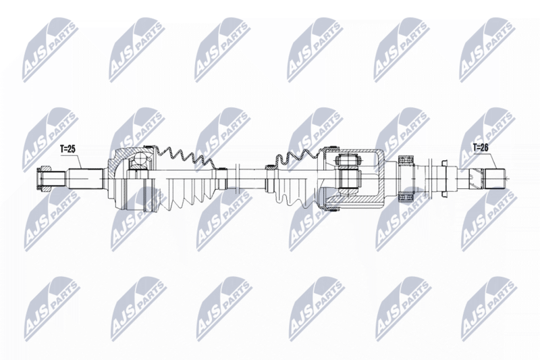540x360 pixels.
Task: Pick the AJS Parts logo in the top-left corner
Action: [x=51, y=51]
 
